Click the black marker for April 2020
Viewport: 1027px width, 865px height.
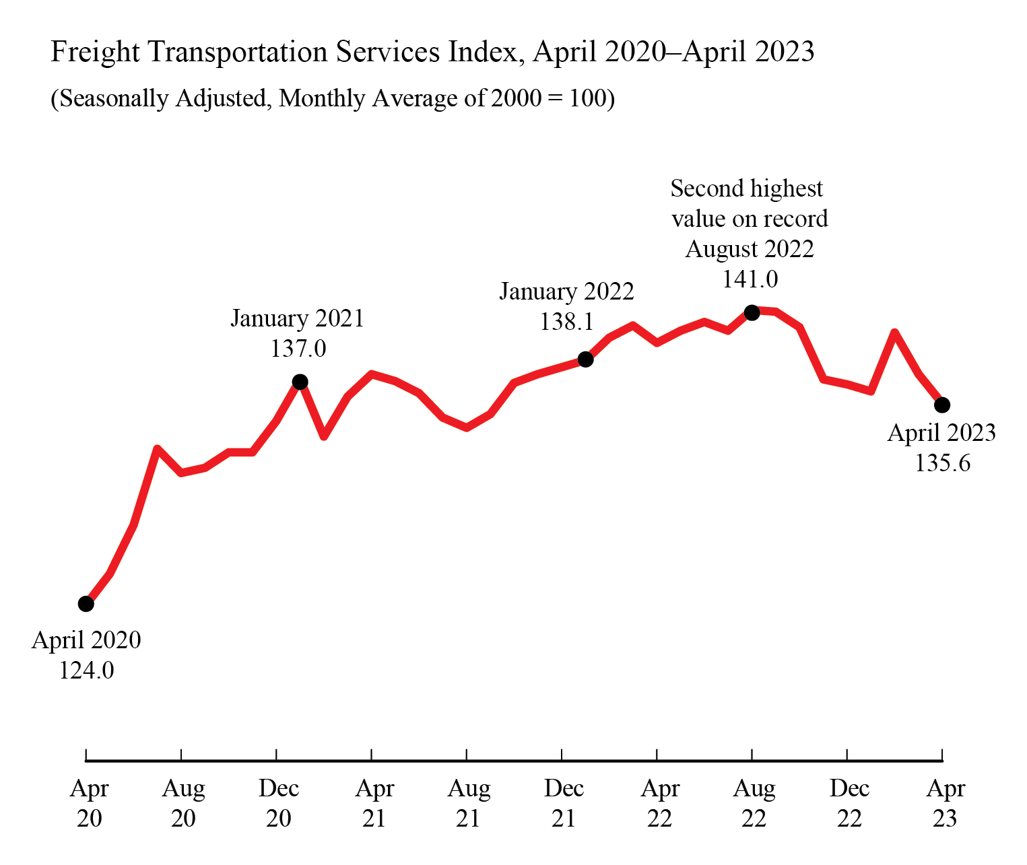(86, 604)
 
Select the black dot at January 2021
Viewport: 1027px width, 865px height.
(300, 382)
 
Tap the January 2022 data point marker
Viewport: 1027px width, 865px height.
(586, 359)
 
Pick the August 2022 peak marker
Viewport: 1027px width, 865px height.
(752, 312)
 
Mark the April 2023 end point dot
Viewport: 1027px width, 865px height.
(942, 405)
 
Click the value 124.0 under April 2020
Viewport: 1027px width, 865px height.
(86, 670)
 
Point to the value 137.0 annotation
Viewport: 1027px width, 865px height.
(298, 349)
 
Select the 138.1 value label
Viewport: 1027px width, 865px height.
(566, 322)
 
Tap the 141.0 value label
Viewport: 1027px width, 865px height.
(750, 279)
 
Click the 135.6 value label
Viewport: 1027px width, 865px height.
(942, 463)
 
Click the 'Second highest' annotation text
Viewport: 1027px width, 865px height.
(746, 188)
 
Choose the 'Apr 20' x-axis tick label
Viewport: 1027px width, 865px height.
(89, 802)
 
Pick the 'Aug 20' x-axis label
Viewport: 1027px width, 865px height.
(183, 802)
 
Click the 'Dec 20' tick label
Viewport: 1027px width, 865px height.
(278, 802)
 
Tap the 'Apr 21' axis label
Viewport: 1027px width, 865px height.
(374, 802)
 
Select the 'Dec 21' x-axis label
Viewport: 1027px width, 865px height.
(564, 802)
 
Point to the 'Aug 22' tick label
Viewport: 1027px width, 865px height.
(754, 802)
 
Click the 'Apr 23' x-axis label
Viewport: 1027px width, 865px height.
(945, 802)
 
